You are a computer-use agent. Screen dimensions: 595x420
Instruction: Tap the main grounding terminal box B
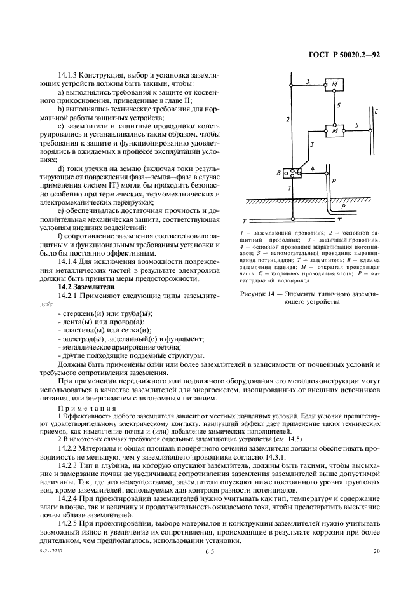(292, 173)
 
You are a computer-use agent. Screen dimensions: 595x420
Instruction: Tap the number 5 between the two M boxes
(339, 106)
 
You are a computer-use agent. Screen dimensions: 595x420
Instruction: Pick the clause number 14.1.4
(70, 261)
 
